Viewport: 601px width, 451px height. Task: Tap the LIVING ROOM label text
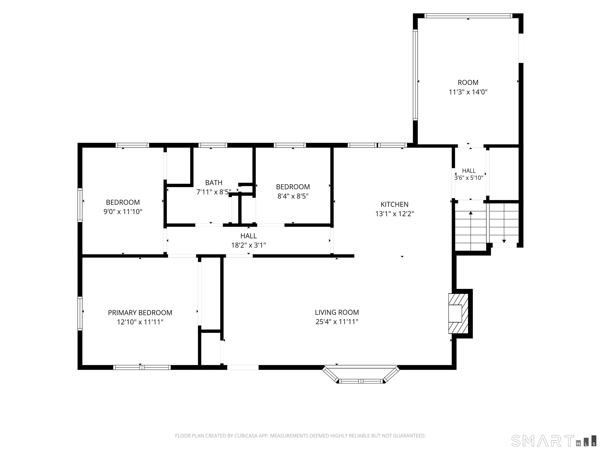[337, 312]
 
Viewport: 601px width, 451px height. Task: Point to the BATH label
[214, 182]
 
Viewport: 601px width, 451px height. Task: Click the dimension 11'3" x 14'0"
[468, 92]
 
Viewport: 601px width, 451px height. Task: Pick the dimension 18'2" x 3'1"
[248, 245]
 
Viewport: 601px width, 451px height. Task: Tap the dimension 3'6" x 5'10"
[469, 178]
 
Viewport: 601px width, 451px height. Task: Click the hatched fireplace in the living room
[458, 313]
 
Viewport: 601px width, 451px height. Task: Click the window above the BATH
[213, 145]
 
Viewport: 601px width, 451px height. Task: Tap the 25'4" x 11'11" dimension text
[337, 322]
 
